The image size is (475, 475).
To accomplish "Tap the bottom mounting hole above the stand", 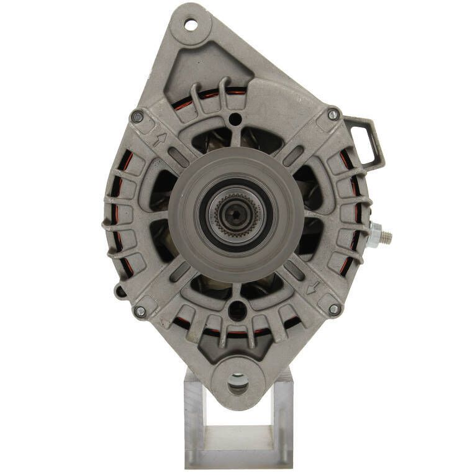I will tap(238, 383).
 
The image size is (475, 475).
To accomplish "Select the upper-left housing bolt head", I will tap(137, 117).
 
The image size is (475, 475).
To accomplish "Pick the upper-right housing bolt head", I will tap(333, 115).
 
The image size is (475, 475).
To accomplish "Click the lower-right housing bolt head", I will tap(334, 309).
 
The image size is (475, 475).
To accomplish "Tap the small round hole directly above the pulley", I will tap(235, 119).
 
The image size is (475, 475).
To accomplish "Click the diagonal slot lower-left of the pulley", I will tap(179, 271).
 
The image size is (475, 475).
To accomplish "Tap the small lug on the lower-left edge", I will tap(119, 291).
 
